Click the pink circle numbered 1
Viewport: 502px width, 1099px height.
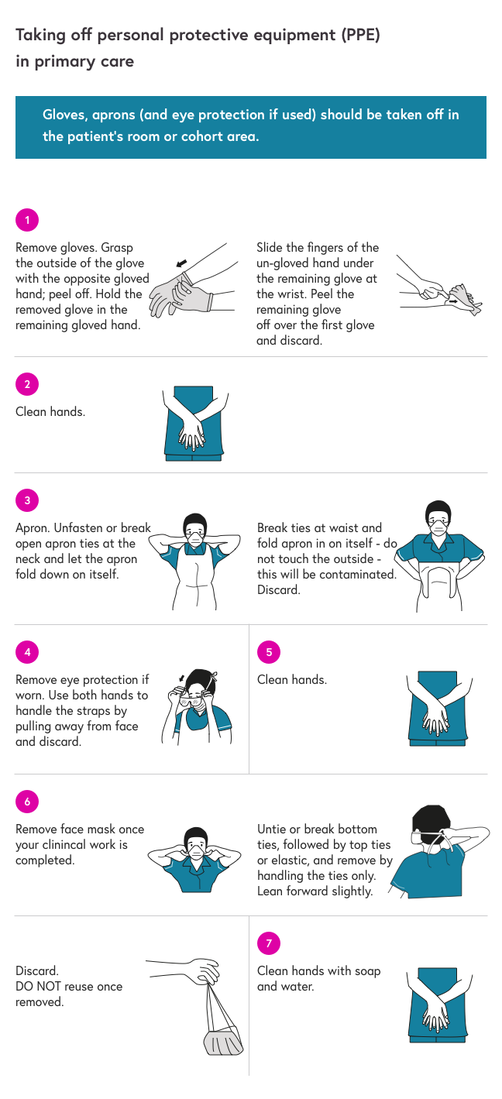coord(27,220)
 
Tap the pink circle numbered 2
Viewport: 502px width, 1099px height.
coord(27,384)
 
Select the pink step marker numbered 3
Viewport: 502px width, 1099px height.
coord(27,500)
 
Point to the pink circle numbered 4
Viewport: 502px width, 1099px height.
coord(27,652)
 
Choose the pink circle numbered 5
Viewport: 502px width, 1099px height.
coord(269,652)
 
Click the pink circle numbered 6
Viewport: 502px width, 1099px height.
coord(27,802)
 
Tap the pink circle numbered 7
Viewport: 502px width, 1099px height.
coord(269,943)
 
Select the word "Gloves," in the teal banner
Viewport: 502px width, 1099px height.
coord(65,115)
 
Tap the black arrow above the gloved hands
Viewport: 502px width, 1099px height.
coord(181,263)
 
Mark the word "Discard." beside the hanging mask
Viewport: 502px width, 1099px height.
coord(37,970)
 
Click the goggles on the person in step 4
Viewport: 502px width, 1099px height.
coord(192,699)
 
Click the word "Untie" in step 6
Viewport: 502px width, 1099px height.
coord(272,829)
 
